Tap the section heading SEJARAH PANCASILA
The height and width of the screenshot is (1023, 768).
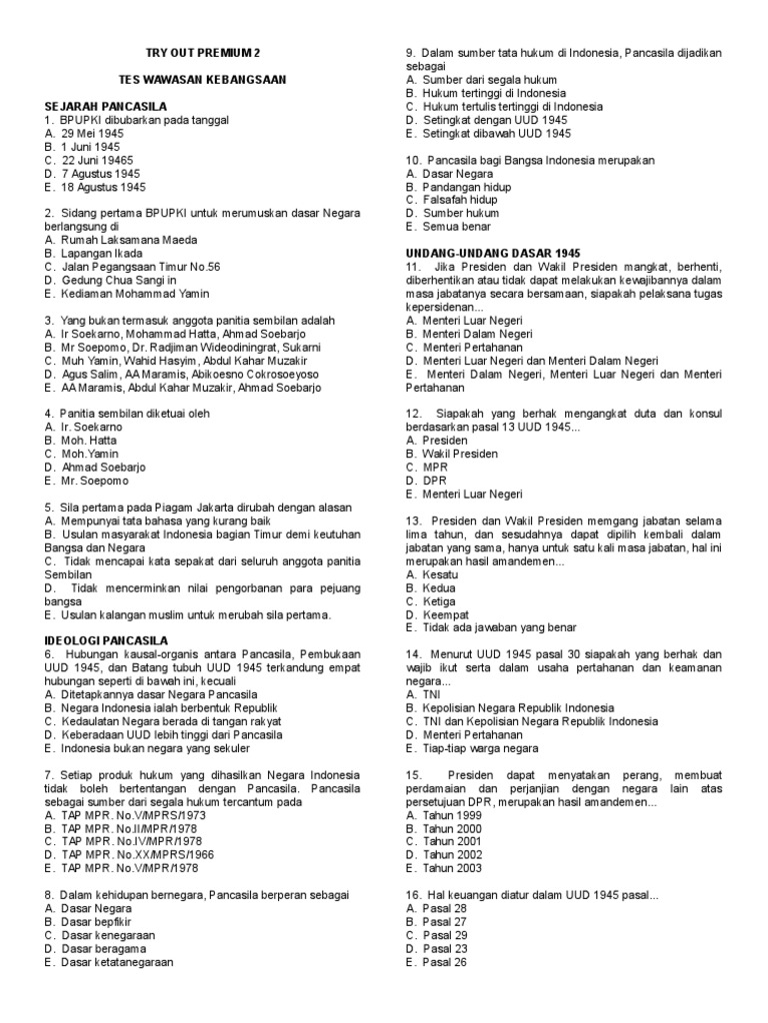(x=105, y=106)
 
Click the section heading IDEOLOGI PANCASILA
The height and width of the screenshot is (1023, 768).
(x=107, y=639)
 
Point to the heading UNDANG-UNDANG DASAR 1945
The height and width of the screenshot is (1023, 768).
(x=493, y=254)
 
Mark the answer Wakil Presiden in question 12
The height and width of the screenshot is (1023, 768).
(x=460, y=454)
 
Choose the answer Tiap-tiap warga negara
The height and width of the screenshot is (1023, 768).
(x=481, y=748)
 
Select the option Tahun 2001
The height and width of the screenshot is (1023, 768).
(x=453, y=842)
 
